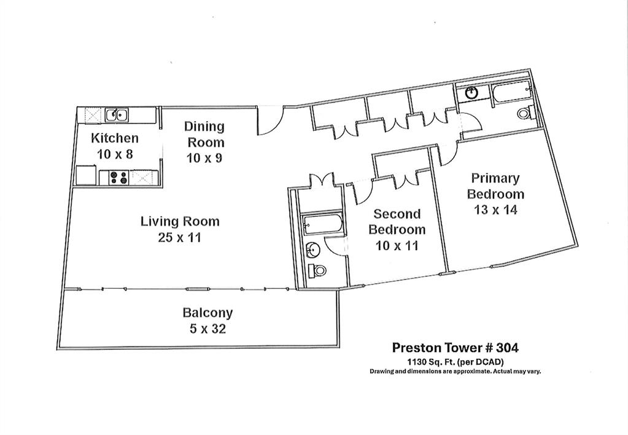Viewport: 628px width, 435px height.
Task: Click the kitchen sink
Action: [116, 114]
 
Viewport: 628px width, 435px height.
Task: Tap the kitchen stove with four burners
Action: [117, 177]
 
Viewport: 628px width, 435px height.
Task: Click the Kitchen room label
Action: [115, 138]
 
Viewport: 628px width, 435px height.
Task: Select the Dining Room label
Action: [205, 134]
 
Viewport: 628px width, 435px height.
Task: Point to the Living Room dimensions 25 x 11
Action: [179, 237]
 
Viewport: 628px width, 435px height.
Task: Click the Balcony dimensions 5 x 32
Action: [207, 329]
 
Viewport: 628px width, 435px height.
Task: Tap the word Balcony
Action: [207, 313]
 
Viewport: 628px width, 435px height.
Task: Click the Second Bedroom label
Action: [397, 222]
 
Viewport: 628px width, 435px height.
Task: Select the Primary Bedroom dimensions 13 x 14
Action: [495, 210]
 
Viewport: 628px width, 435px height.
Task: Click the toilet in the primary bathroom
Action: [524, 114]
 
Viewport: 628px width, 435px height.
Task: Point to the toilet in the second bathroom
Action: [317, 270]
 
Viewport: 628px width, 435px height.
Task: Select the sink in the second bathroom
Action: [313, 249]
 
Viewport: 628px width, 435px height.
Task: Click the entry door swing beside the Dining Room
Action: [269, 120]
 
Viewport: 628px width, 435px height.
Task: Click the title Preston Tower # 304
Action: [455, 347]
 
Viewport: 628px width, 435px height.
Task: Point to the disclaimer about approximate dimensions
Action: [455, 371]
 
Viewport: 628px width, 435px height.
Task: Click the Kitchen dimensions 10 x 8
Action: [115, 154]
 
